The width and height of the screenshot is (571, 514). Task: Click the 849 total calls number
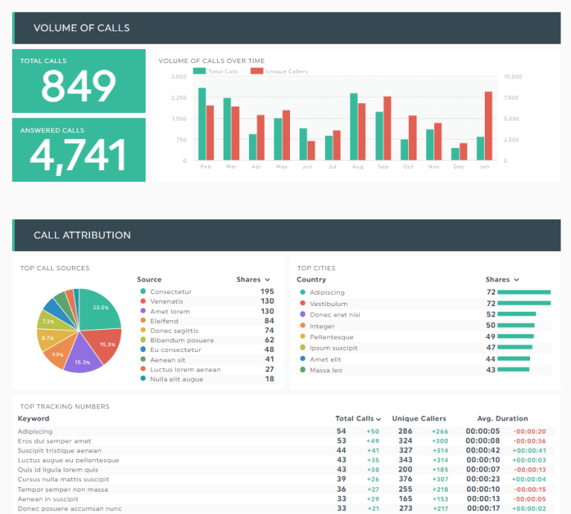coord(78,85)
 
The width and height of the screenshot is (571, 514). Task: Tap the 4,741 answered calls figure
coord(78,154)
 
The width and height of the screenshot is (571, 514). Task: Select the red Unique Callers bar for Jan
coord(488,126)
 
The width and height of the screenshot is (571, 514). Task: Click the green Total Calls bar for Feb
coord(201,123)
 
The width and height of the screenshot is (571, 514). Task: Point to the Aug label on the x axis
coord(358,167)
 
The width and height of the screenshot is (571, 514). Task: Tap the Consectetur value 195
coord(267,292)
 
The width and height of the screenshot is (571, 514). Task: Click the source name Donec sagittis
coord(174,331)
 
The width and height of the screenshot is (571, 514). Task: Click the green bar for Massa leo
coord(513,370)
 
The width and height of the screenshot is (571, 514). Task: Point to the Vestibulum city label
coord(329,304)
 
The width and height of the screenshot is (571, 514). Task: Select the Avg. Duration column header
coord(503,419)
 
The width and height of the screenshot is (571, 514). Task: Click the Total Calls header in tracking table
coord(358,419)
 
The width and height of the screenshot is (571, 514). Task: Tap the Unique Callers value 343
coord(405,461)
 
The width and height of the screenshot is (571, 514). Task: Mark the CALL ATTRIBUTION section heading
coord(82,235)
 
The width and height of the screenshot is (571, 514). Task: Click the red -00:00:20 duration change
coord(531,432)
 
